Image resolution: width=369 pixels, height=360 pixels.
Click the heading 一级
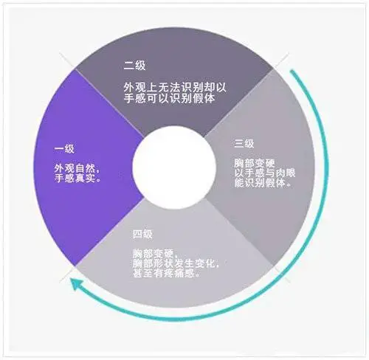pos(64,149)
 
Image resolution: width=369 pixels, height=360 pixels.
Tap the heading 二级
pos(134,66)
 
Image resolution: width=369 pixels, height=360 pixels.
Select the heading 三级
pos(244,144)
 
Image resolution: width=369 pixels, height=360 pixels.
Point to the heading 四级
pos(142,234)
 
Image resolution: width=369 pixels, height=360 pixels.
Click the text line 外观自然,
pos(77,168)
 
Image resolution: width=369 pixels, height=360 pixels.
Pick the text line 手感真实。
pos(77,178)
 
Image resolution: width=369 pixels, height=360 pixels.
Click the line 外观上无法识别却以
pos(175,87)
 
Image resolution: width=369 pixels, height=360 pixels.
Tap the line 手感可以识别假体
pos(169,98)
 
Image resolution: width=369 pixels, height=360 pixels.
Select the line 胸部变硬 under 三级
pos(254,164)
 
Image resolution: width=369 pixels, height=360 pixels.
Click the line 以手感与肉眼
pos(264,173)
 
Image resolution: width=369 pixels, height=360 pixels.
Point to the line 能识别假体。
pos(263,183)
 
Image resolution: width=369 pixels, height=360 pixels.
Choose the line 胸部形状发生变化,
pos(176,263)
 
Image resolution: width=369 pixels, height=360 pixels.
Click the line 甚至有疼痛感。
pos(166,273)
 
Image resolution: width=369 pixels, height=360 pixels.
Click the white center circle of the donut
pos(174,167)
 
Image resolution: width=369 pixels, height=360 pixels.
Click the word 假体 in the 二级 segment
pos(204,98)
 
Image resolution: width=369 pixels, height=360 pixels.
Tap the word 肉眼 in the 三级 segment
pos(285,173)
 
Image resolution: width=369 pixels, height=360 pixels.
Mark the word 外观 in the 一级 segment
pos(64,168)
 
